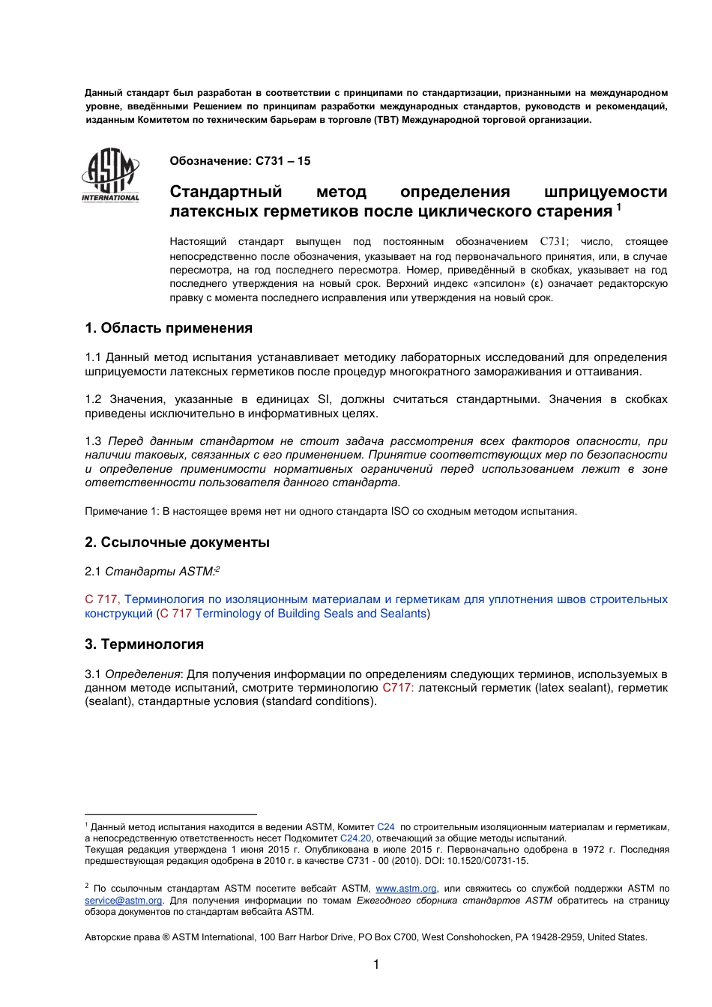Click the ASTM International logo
pos(110,175)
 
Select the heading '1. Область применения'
pos(169,328)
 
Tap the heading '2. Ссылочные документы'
pos(177,542)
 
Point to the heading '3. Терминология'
pos(144,644)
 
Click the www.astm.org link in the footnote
pos(405,889)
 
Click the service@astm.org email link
pos(123,901)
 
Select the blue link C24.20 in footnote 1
pos(355,838)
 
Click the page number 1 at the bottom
pos(376,965)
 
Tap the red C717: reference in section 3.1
pos(397,688)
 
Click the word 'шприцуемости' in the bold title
pos(606,192)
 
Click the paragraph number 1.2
pos(93,399)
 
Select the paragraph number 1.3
pos(93,441)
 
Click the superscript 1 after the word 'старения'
pos(619,207)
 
